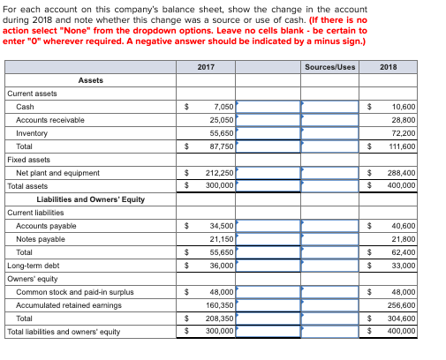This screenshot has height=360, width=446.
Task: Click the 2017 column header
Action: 206,67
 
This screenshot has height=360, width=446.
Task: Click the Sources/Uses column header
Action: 329,67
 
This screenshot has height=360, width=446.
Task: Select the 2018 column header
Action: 389,67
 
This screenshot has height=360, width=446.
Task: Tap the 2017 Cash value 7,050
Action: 223,107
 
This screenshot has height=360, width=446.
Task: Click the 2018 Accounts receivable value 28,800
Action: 402,120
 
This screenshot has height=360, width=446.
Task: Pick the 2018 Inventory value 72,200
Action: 402,133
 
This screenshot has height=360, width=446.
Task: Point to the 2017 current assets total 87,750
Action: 221,146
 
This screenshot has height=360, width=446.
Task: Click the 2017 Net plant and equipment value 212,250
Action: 219,173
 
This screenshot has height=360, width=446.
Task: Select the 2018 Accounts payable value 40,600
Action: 402,226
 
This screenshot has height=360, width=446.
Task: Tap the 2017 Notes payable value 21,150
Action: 221,239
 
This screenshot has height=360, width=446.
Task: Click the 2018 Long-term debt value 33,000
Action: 402,266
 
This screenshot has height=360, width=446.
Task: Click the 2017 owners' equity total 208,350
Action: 219,319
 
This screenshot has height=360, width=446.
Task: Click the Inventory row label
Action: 32,133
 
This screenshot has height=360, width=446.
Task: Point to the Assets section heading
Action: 90,80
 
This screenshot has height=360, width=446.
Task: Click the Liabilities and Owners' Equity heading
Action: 90,199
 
